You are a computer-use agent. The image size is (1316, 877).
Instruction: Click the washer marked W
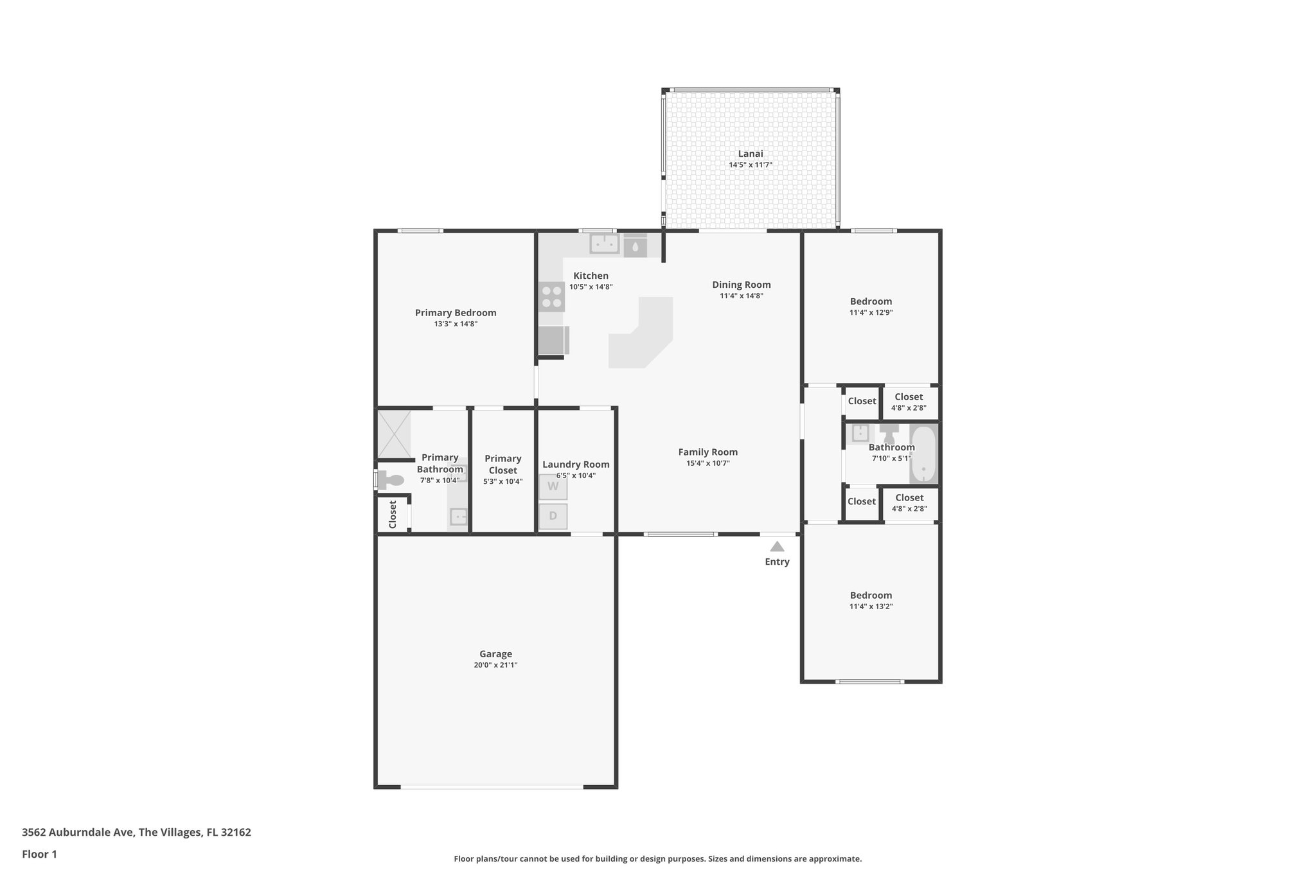point(553,487)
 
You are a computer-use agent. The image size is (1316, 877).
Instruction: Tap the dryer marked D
point(553,516)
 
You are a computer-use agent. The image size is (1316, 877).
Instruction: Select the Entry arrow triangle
point(777,547)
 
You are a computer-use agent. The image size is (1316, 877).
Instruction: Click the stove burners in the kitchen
point(551,297)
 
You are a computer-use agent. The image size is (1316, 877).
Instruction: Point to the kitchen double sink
point(604,244)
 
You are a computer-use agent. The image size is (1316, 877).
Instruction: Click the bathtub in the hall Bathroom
point(923,454)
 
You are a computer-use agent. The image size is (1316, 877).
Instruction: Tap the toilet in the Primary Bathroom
point(391,479)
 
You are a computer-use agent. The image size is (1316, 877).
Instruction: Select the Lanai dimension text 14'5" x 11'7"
point(750,165)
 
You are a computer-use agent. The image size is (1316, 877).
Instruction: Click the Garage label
point(495,654)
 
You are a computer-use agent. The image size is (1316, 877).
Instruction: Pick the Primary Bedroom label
point(455,313)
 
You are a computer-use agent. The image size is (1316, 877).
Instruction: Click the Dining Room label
point(741,285)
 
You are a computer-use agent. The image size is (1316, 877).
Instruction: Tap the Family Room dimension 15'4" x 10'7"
point(707,463)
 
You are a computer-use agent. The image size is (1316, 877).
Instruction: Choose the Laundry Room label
point(576,465)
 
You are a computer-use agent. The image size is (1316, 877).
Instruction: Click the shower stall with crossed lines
point(393,434)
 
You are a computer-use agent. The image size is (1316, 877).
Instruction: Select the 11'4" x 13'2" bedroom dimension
point(871,607)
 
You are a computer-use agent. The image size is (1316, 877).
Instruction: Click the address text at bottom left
point(136,833)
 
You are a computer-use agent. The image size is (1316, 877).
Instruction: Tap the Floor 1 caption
point(39,855)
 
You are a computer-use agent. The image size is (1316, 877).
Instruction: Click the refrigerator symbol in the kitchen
point(552,341)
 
